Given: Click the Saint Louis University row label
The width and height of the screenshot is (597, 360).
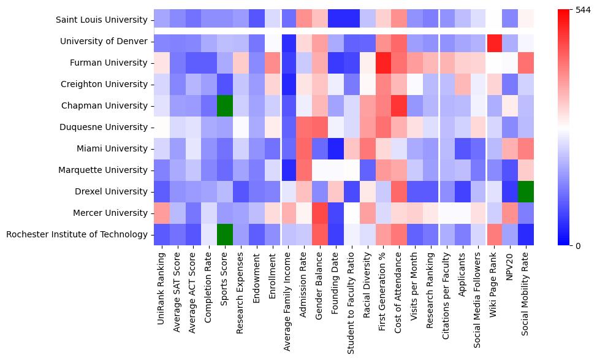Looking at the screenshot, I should [101, 20].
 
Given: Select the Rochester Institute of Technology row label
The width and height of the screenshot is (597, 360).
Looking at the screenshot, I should [77, 234].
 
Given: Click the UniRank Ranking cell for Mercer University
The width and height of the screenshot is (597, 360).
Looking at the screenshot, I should [161, 213].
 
